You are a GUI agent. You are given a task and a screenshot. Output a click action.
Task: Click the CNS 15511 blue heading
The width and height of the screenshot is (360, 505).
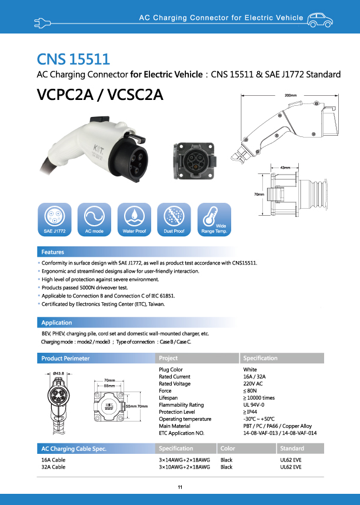coord(73,59)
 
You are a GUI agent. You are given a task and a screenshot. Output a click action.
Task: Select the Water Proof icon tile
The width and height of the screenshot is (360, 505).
coord(134,219)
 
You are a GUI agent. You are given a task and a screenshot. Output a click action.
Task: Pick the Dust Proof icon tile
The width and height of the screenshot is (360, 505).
coord(174,219)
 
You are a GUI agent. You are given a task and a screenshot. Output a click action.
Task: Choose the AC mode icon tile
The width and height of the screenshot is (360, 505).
coord(94,219)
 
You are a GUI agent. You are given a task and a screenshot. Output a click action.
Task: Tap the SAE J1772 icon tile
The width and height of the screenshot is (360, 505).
coord(54,219)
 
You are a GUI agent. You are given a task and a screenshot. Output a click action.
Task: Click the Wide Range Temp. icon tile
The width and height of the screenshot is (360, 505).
coord(214,219)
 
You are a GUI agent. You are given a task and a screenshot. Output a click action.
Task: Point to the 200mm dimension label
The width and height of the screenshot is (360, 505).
coord(291,95)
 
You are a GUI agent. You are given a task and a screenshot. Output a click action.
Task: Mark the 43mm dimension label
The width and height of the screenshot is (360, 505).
coord(285,168)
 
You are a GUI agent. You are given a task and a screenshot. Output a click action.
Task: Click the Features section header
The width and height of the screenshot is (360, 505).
coord(52,252)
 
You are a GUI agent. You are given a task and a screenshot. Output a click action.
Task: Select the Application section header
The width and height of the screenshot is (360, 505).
coord(56,322)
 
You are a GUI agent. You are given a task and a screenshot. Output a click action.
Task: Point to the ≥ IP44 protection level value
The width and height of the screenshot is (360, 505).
coord(251,412)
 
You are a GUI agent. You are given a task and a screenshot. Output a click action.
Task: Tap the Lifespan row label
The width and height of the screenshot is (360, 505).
coord(169,398)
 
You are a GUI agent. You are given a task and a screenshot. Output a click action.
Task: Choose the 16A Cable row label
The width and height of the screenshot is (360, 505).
coord(54,460)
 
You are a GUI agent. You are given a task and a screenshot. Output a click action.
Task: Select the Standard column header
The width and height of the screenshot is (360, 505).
coord(292,449)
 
